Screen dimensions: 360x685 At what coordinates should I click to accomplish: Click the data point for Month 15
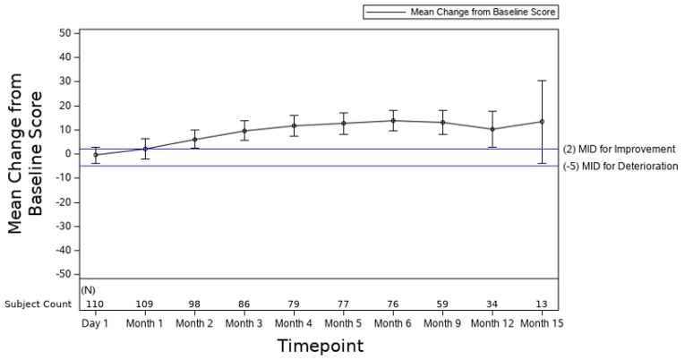(x=541, y=121)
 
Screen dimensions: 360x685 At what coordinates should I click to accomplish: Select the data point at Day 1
(x=96, y=155)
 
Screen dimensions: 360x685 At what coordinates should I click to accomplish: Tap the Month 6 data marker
(x=392, y=121)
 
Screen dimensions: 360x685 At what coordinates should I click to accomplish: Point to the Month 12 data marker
(x=492, y=129)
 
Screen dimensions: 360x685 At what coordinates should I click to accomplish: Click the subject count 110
(x=95, y=304)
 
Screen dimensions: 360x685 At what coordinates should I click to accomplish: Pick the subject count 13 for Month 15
(x=541, y=304)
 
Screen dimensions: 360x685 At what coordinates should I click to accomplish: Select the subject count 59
(x=442, y=304)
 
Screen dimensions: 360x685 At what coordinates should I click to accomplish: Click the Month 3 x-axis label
(x=244, y=322)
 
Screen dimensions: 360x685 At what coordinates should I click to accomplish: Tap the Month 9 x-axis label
(x=442, y=322)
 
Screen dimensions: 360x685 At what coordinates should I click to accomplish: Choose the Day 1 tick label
(x=95, y=322)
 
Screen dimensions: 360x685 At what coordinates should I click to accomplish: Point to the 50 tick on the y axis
(x=64, y=33)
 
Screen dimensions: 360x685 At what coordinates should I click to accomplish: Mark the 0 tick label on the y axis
(x=66, y=154)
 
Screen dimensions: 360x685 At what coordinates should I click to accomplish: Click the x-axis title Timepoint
(x=319, y=345)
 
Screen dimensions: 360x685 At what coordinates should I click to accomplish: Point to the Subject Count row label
(x=37, y=304)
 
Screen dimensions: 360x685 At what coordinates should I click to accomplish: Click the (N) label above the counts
(x=88, y=290)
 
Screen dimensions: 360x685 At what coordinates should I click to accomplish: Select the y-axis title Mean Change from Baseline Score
(x=24, y=154)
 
